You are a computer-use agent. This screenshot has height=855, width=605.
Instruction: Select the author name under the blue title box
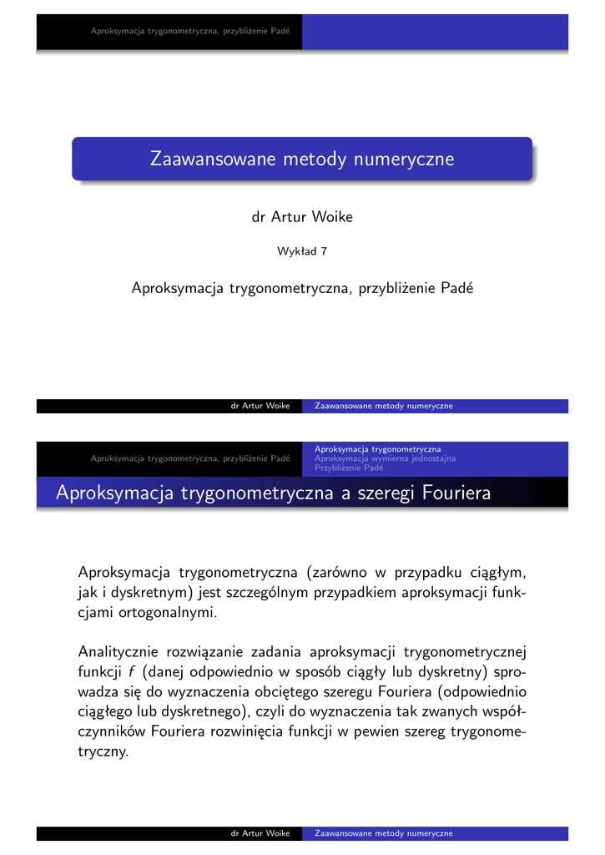[302, 217]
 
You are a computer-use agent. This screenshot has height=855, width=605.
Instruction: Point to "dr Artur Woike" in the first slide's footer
[260, 406]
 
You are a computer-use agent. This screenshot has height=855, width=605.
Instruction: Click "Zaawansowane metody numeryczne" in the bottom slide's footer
[384, 833]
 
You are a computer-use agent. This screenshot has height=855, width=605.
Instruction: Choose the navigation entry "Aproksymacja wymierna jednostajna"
[385, 458]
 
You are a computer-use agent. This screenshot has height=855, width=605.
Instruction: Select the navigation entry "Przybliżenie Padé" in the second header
[349, 468]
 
